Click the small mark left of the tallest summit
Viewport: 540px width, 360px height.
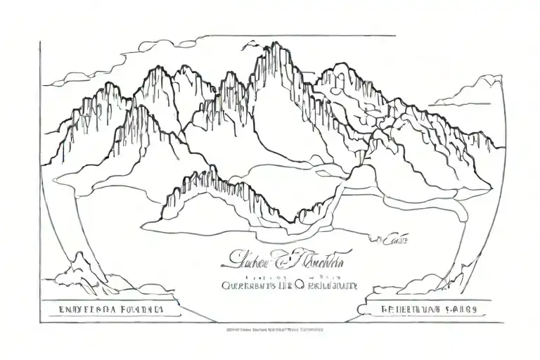247,44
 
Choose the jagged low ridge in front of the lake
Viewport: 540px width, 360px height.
232,190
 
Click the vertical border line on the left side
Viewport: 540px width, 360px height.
40,176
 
